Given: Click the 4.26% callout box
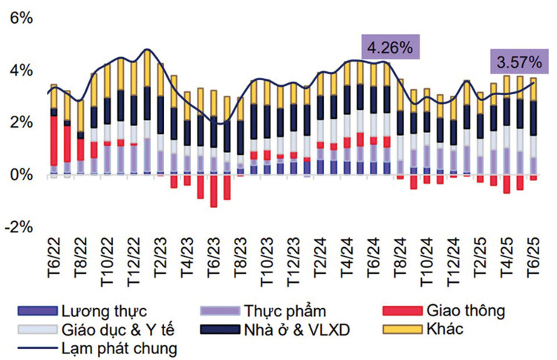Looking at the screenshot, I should (391, 48).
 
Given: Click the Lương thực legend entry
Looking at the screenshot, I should (104, 310).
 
